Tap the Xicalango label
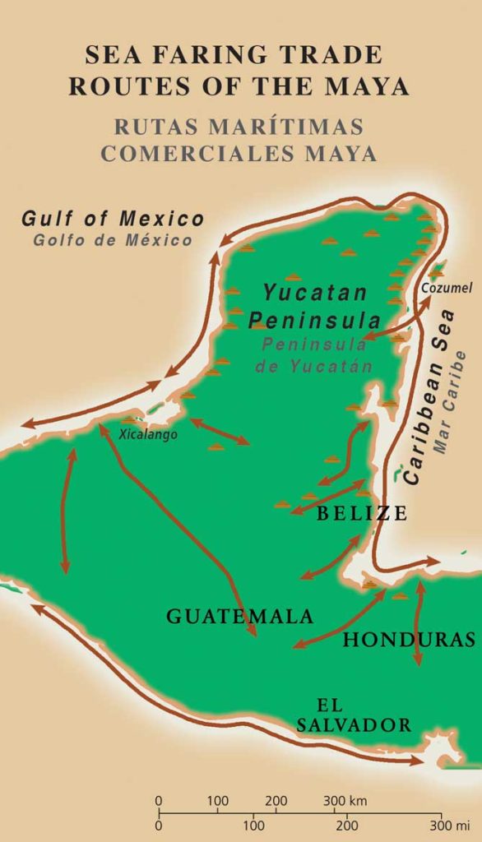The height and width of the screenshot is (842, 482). click(148, 435)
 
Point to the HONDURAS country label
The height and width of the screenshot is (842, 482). click(409, 639)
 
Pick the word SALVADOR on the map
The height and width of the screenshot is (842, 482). click(355, 724)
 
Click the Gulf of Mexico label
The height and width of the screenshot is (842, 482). click(113, 220)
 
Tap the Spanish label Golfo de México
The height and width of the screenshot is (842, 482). click(113, 240)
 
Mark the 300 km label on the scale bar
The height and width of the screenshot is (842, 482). click(346, 800)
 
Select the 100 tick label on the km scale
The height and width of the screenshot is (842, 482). click(217, 800)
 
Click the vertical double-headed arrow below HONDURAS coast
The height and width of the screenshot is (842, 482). click(419, 622)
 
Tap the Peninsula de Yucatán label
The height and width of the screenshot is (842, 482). click(313, 354)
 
